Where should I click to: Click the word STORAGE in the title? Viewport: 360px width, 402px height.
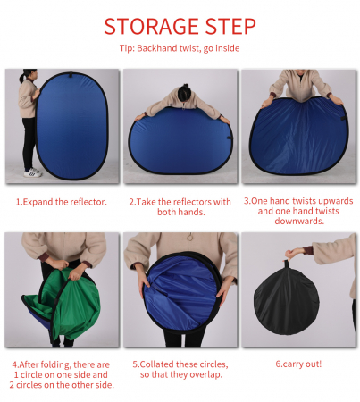pyautogui.click(x=151, y=26)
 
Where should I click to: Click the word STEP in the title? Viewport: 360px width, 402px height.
pyautogui.click(x=230, y=26)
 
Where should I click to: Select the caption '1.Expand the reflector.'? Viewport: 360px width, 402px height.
pyautogui.click(x=62, y=202)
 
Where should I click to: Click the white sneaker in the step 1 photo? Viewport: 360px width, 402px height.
pyautogui.click(x=33, y=172)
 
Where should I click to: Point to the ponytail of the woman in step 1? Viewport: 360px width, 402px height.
pyautogui.click(x=21, y=78)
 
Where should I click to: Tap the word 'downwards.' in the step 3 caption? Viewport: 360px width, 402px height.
pyautogui.click(x=299, y=222)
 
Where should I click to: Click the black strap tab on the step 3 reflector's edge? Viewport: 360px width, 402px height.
pyautogui.click(x=343, y=118)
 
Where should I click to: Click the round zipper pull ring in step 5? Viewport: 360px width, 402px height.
pyautogui.click(x=189, y=238)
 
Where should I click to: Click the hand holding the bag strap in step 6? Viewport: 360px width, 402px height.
pyautogui.click(x=292, y=255)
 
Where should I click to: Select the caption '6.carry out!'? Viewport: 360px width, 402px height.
pyautogui.click(x=298, y=364)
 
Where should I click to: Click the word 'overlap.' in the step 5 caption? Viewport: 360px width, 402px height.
pyautogui.click(x=205, y=374)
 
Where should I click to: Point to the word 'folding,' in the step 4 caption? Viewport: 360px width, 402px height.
pyautogui.click(x=56, y=364)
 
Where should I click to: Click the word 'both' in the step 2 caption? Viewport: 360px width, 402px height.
pyautogui.click(x=166, y=212)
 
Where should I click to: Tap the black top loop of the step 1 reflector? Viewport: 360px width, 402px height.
pyautogui.click(x=71, y=74)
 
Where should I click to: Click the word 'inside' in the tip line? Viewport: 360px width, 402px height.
pyautogui.click(x=228, y=48)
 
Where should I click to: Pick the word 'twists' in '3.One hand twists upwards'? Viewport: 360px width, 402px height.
pyautogui.click(x=304, y=201)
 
